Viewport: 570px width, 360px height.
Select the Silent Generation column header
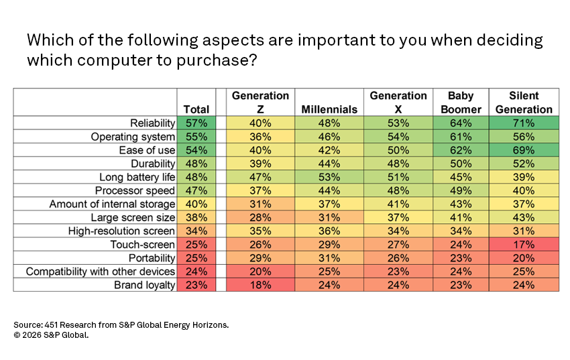pyautogui.click(x=523, y=103)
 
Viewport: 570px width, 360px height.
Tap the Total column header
pyautogui.click(x=196, y=109)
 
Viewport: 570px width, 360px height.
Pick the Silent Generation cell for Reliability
pyautogui.click(x=523, y=123)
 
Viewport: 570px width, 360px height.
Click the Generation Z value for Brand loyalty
pyautogui.click(x=260, y=285)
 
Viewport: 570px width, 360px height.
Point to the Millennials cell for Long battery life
pyautogui.click(x=330, y=177)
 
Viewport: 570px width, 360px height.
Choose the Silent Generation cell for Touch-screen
pyautogui.click(x=523, y=245)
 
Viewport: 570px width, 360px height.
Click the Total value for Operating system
pyautogui.click(x=196, y=136)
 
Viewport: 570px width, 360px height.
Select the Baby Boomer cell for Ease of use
pyautogui.click(x=461, y=150)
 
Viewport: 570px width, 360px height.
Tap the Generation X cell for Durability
pyautogui.click(x=398, y=164)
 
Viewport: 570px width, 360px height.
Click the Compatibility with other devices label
pyautogui.click(x=101, y=272)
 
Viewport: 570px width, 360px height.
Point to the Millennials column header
pyautogui.click(x=330, y=109)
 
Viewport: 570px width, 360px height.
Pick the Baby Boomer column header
pyautogui.click(x=461, y=103)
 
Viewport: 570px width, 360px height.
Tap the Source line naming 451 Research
pyautogui.click(x=121, y=324)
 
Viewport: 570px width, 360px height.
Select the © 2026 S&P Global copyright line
pyautogui.click(x=50, y=335)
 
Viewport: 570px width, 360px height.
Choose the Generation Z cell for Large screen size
pyautogui.click(x=260, y=217)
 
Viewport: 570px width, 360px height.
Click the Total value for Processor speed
pyautogui.click(x=196, y=190)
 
